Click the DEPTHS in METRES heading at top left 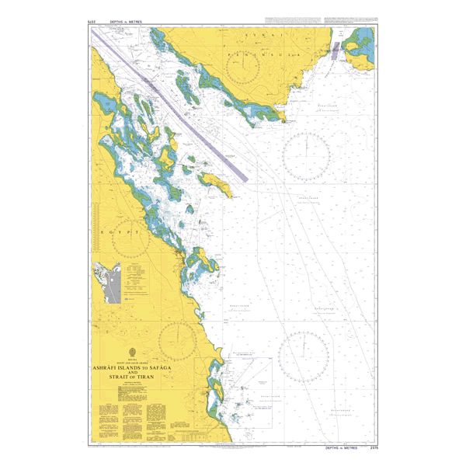click(x=129, y=23)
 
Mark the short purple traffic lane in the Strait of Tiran click(x=336, y=52)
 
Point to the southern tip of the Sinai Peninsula click(x=284, y=120)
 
